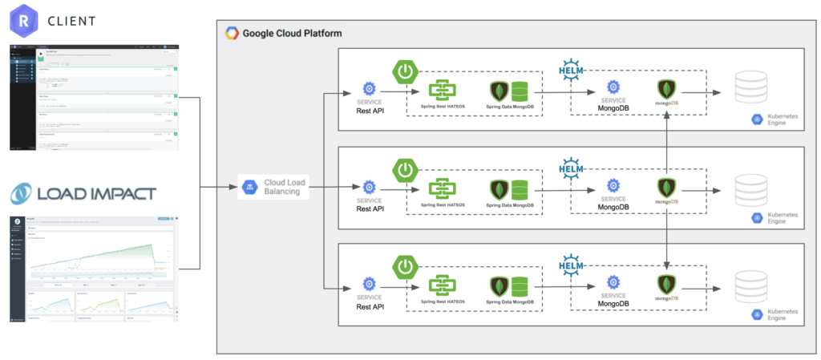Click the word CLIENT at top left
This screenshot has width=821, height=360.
click(x=70, y=20)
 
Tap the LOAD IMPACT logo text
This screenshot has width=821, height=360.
click(x=83, y=193)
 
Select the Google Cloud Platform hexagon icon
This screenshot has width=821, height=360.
click(x=232, y=34)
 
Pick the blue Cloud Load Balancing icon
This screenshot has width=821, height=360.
click(x=250, y=188)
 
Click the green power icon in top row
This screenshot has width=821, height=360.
click(x=406, y=71)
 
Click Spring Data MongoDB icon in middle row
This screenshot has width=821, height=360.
click(x=510, y=190)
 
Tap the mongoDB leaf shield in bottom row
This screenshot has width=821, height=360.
click(x=665, y=284)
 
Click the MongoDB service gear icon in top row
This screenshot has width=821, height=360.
click(x=613, y=87)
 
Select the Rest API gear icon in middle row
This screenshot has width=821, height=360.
click(x=369, y=185)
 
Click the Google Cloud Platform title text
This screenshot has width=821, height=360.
click(x=293, y=34)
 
